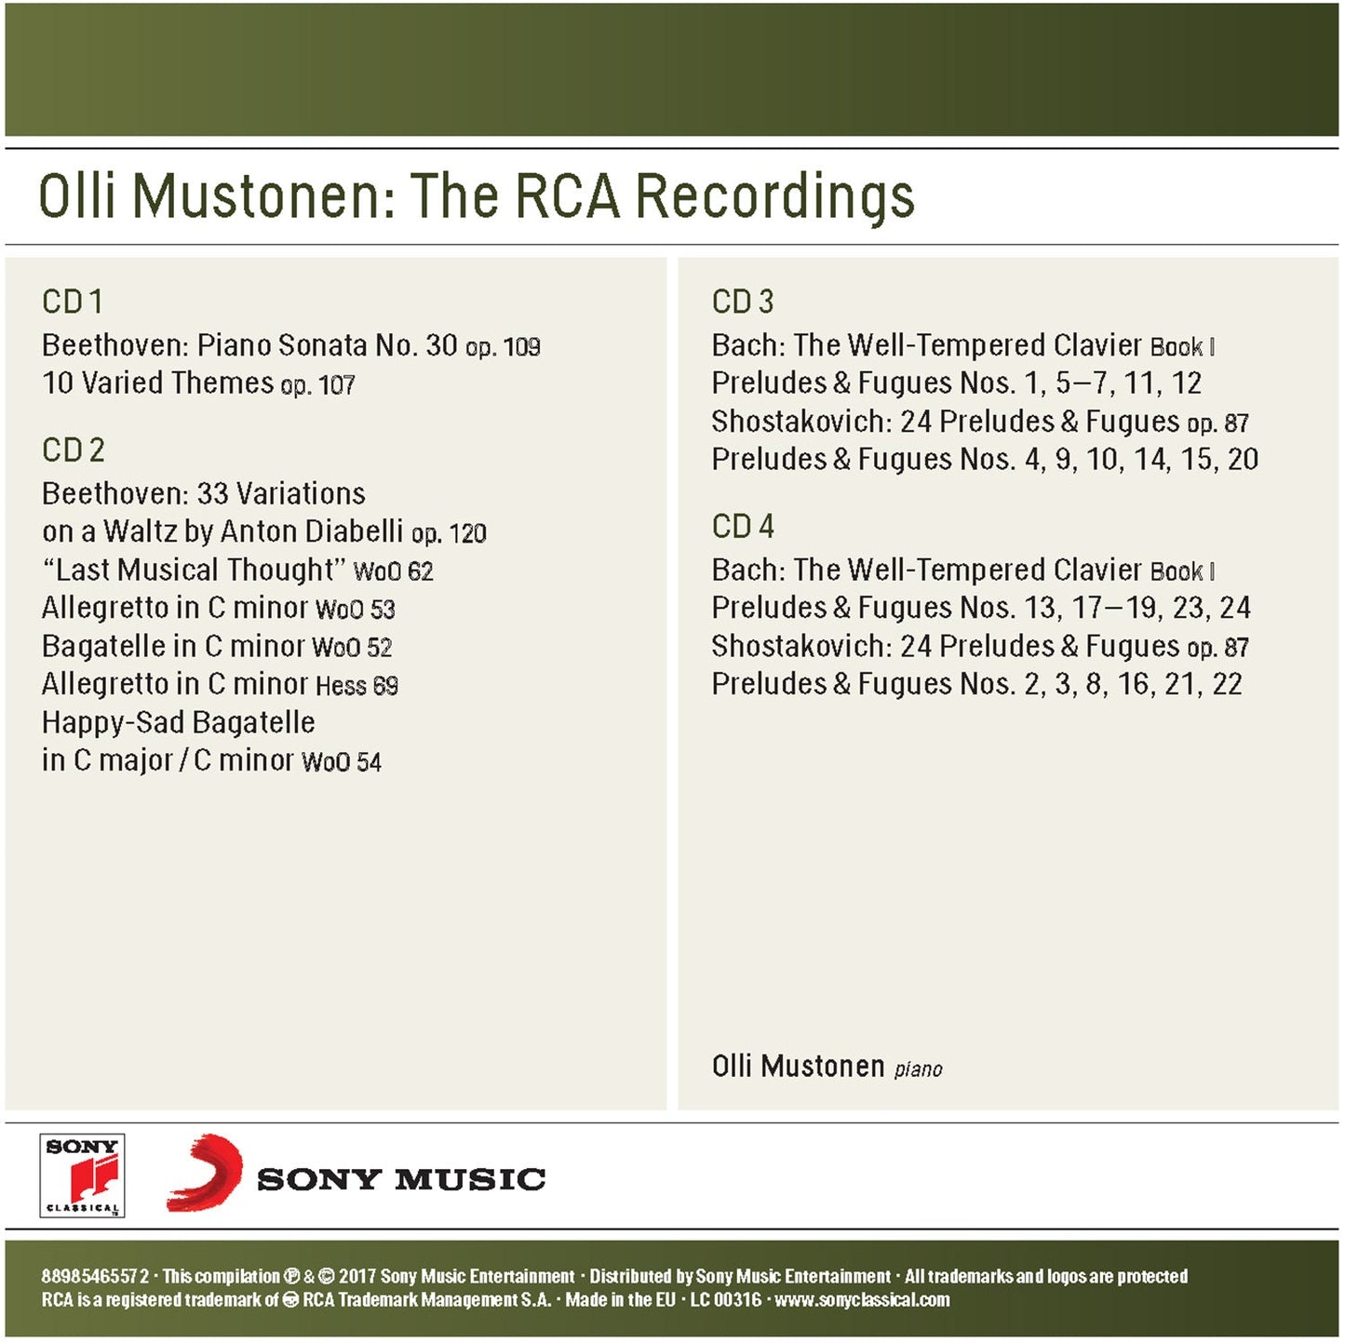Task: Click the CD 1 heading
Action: [73, 302]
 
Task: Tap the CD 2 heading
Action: [74, 450]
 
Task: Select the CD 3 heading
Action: [742, 302]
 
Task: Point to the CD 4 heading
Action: [742, 527]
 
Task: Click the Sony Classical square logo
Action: [82, 1175]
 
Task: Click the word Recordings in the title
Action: [774, 197]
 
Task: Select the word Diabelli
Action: [354, 531]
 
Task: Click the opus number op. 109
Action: [503, 347]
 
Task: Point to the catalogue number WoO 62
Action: [393, 571]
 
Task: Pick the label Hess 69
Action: [356, 686]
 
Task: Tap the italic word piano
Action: [918, 1069]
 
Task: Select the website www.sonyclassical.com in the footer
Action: [862, 1300]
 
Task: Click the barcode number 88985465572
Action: [94, 1276]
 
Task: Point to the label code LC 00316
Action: [725, 1300]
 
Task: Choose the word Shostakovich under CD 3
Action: [801, 422]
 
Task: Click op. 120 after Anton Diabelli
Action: [449, 533]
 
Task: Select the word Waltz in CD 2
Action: [140, 531]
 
